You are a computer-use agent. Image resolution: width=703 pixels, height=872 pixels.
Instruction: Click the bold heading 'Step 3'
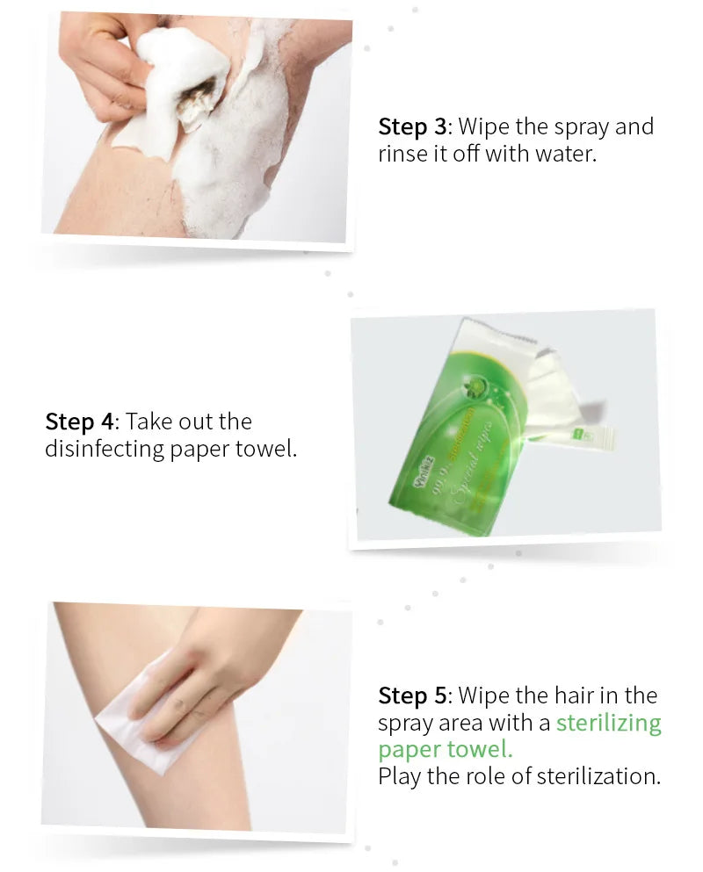(x=412, y=126)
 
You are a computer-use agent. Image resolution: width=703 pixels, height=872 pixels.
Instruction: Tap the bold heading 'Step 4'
(x=79, y=422)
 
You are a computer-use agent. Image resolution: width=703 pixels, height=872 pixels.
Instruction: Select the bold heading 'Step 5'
(x=412, y=695)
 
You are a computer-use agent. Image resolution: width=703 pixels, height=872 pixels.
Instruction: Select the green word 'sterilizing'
(x=608, y=723)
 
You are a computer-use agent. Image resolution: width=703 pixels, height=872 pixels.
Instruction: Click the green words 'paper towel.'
(x=446, y=750)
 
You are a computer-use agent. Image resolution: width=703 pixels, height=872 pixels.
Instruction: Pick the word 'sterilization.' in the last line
(x=598, y=776)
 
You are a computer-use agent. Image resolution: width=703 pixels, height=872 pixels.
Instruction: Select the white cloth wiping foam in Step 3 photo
(x=180, y=83)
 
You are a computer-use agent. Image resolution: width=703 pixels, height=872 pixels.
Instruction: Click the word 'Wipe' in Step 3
(x=484, y=126)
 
